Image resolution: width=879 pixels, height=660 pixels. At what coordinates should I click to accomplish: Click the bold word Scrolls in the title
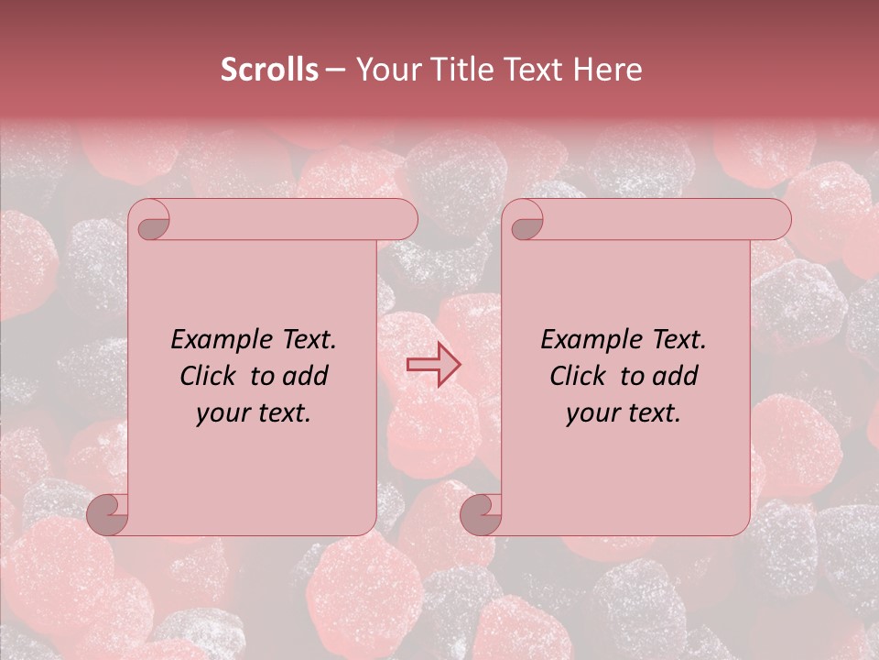269,70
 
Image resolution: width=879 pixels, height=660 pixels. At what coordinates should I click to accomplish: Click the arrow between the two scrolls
434,364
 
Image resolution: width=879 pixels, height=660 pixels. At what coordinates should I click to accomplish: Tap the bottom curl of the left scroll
107,513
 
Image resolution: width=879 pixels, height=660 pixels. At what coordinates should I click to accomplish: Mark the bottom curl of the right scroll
481,513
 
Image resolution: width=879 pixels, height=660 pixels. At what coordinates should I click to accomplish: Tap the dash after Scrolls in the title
335,71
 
